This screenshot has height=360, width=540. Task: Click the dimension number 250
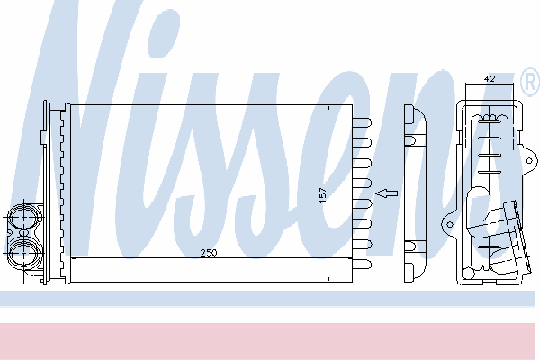point(209,253)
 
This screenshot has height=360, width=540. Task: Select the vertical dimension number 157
point(323,195)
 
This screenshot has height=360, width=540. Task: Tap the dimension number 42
point(490,78)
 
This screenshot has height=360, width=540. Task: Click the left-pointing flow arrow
point(386,193)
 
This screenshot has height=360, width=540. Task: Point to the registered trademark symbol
point(531,82)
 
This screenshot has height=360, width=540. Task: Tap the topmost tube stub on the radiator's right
point(362,123)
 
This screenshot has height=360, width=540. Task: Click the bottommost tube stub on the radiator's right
point(362,265)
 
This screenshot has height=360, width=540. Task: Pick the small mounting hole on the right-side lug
point(530,160)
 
